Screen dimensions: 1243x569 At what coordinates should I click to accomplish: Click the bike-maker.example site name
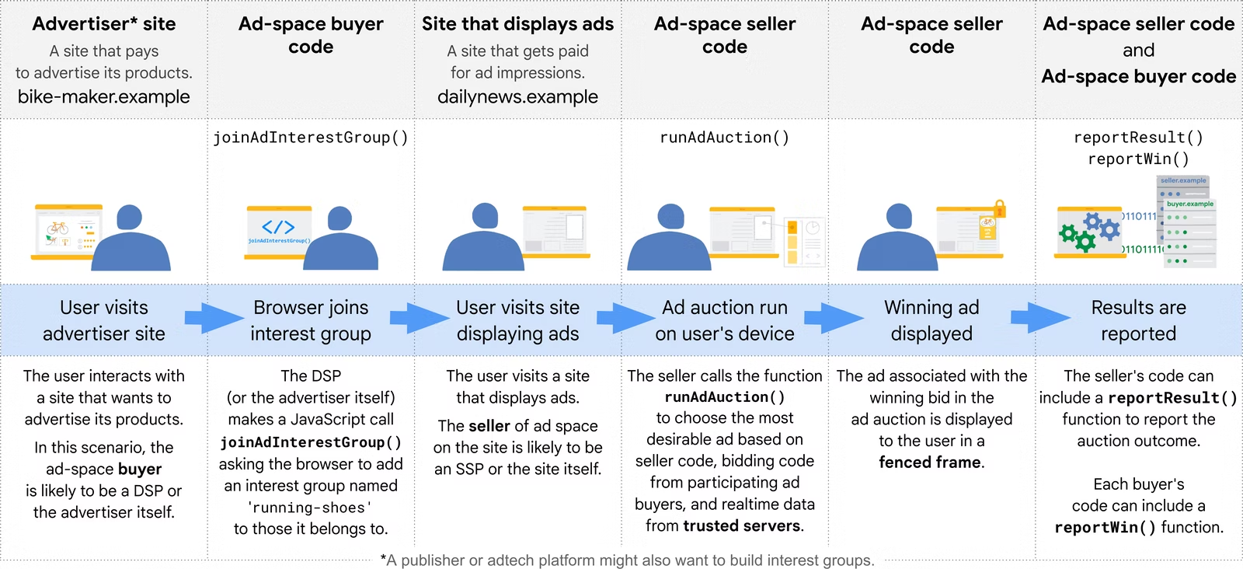pos(104,96)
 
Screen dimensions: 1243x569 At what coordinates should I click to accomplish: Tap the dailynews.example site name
pos(517,96)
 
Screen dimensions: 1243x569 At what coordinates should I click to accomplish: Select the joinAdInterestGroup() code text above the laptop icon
pos(311,137)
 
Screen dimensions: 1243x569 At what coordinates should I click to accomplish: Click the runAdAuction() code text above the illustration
pos(724,137)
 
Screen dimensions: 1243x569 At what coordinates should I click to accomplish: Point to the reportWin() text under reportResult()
pos(1139,159)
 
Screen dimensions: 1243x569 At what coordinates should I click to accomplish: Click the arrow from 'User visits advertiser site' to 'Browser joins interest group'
pos(214,318)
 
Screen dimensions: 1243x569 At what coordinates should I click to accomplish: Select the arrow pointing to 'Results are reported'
pos(1040,318)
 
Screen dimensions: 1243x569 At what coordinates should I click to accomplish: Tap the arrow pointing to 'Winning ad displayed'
pos(834,318)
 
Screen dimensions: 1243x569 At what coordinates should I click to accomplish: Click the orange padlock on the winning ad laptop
pos(1000,209)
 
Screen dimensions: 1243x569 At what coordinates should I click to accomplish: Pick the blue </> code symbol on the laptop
pos(278,226)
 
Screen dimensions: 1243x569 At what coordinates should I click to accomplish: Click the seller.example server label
pos(1183,180)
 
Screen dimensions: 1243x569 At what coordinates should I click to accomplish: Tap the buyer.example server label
pos(1189,204)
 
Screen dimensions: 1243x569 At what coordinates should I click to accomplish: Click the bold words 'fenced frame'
pos(929,462)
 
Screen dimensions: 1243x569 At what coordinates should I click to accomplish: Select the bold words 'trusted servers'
pos(741,525)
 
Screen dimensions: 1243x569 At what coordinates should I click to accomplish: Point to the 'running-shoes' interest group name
pos(310,508)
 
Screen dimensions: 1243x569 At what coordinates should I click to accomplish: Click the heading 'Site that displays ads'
pos(517,24)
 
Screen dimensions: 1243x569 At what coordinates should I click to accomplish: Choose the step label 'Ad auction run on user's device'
pos(725,320)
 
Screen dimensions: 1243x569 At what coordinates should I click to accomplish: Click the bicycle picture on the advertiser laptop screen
pos(57,228)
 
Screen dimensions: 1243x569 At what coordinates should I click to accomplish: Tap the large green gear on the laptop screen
pos(1069,233)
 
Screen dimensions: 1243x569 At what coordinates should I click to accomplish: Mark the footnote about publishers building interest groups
pos(627,560)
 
